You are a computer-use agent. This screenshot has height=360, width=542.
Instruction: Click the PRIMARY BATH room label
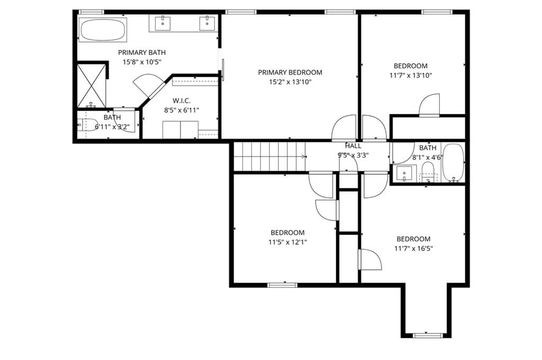pos(142,52)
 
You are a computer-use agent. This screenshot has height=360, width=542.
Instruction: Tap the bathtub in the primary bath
pos(103,30)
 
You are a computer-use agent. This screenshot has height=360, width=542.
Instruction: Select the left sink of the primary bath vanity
pos(162,23)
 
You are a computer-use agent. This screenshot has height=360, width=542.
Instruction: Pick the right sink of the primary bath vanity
pos(207,23)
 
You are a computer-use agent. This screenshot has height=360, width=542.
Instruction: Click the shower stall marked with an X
pos(91,86)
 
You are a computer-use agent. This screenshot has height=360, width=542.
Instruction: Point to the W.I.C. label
pos(182,101)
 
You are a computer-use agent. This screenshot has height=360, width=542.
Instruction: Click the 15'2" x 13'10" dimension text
pos(291,82)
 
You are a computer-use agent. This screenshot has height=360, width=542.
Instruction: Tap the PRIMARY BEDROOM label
pos(291,73)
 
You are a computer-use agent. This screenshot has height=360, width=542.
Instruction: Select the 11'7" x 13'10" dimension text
pos(411,75)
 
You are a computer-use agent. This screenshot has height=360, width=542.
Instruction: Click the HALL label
pos(353,146)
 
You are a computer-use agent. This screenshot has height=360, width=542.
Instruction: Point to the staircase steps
pos(269,157)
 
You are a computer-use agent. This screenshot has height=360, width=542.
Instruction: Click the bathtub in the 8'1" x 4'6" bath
pos(453,163)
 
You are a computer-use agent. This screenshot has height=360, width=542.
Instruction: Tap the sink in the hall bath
pos(404,173)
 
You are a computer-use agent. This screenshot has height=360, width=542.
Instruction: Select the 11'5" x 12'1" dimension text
pos(287,242)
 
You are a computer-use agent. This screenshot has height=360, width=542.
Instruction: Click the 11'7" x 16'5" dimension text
pos(413,248)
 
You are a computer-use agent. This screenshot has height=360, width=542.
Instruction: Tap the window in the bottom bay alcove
pos(428,335)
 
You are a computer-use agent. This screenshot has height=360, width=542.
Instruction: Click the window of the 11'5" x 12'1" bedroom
pos(283,285)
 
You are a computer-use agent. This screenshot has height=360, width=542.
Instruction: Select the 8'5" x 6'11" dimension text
pos(182,110)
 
